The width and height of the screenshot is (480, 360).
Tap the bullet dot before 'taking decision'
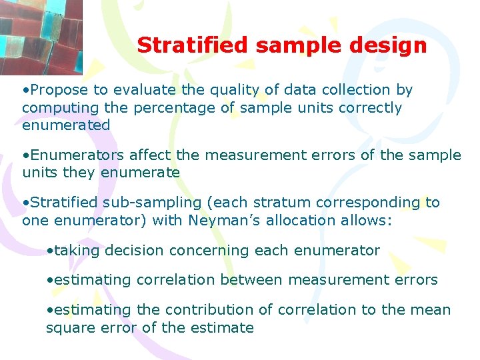[50, 251]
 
